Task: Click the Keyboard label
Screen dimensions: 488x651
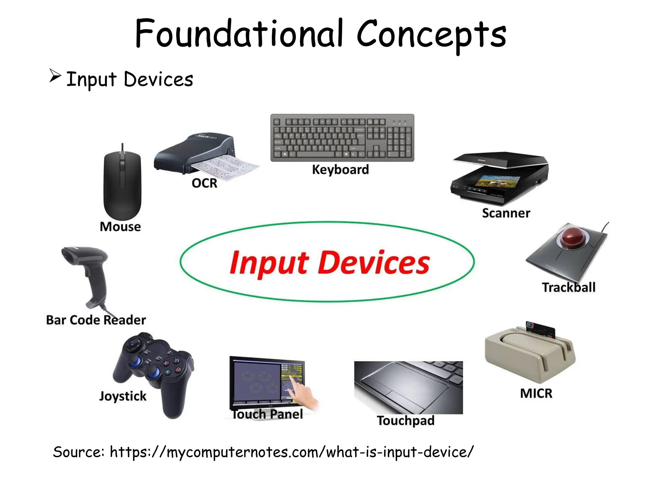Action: tap(340, 170)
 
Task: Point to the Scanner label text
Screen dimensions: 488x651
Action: tap(506, 213)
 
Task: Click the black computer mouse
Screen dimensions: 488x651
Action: tap(122, 184)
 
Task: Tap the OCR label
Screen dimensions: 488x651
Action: tap(204, 183)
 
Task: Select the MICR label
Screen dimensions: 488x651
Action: tap(536, 393)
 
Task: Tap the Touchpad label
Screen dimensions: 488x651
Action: tap(406, 421)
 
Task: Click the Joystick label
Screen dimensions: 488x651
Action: tap(123, 396)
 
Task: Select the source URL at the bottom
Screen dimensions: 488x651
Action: tap(291, 452)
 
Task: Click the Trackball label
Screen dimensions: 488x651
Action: tap(568, 287)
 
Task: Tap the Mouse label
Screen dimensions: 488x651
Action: tap(120, 227)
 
